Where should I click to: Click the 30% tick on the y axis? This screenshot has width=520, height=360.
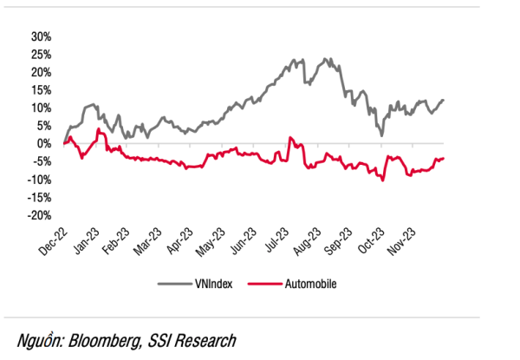(x=41, y=37)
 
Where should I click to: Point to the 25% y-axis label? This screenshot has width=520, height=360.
(x=41, y=55)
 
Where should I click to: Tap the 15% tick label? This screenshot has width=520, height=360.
(x=41, y=90)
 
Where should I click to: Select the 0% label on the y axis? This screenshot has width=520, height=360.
(x=44, y=144)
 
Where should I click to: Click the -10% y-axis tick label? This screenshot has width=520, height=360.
(x=39, y=180)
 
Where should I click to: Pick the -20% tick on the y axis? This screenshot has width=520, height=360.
(x=39, y=215)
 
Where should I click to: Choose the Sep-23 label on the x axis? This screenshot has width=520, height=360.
(x=339, y=243)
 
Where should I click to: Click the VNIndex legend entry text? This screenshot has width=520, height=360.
(x=212, y=283)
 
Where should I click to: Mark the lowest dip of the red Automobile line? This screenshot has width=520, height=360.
(x=382, y=180)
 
